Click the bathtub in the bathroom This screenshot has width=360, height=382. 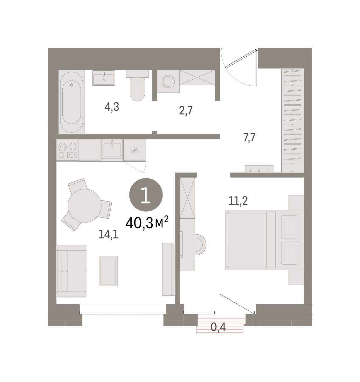[72, 102]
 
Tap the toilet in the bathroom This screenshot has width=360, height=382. [137, 85]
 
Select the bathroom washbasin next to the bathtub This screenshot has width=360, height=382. [104, 78]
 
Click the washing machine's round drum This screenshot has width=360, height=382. [168, 81]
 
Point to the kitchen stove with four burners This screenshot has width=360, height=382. [67, 150]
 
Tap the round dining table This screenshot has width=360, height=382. [85, 206]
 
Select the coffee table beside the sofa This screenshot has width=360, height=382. [108, 271]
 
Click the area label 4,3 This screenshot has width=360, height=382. [112, 107]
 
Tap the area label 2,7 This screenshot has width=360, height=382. [186, 110]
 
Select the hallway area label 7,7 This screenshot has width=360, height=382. [249, 138]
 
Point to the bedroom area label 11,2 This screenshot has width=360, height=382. [238, 201]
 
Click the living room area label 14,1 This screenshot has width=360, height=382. [108, 234]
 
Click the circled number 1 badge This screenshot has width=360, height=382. [146, 195]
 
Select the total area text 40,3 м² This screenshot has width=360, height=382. [147, 222]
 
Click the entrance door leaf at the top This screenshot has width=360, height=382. [241, 59]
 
